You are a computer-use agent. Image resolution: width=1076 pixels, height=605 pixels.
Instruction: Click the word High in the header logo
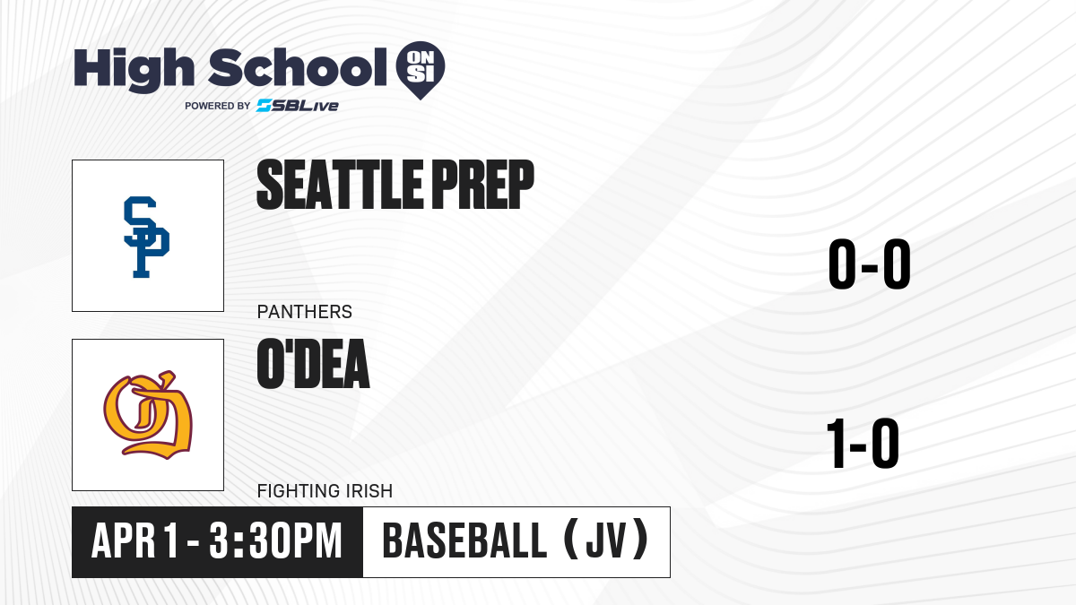coord(134,69)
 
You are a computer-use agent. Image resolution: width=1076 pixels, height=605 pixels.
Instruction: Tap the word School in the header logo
coord(298,67)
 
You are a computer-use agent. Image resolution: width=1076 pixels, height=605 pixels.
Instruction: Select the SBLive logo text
coord(298,106)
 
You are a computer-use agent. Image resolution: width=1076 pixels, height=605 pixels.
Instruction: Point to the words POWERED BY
coord(218,106)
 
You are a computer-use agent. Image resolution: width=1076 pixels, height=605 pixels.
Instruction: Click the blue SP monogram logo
coord(146,237)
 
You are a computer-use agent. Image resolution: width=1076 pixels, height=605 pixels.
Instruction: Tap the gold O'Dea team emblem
coord(148,415)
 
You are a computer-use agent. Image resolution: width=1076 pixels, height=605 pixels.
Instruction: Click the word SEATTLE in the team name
coord(340,185)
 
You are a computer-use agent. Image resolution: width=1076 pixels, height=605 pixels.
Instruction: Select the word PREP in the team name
coord(482,185)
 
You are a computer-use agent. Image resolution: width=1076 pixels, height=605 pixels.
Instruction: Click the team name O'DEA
coord(313,364)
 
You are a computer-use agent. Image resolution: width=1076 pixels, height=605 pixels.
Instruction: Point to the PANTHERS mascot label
coord(305,312)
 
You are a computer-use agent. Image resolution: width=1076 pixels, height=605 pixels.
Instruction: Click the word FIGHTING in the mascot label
coord(291,491)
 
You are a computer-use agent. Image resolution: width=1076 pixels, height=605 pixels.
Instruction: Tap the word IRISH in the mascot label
coord(361,491)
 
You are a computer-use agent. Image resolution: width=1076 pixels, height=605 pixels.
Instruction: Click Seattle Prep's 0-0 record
coord(870,264)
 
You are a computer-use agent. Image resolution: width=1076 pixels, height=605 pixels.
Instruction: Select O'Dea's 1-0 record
coord(863,443)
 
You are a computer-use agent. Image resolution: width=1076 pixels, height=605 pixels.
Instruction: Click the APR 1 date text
coord(135,541)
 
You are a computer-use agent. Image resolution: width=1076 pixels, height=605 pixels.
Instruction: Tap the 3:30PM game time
coord(275,541)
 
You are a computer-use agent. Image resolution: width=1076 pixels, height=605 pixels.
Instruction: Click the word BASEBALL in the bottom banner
coord(464,541)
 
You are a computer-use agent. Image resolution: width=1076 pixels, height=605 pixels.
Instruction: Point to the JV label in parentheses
coord(606,540)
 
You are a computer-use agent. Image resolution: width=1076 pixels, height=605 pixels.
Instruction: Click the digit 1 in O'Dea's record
coord(837,443)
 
